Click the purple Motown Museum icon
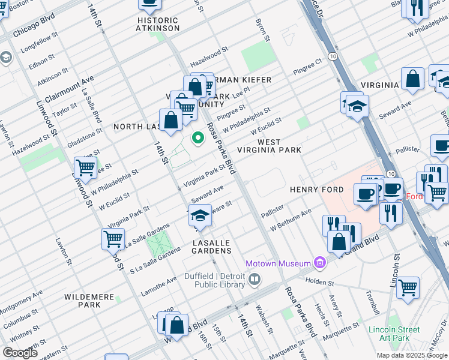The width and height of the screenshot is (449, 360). [321, 263]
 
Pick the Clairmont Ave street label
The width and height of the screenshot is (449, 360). [69, 83]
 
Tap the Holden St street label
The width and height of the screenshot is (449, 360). [319, 280]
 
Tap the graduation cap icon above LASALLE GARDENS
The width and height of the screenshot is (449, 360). [200, 215]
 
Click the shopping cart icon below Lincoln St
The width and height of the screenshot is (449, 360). [408, 287]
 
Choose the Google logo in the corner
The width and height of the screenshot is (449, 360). [20, 352]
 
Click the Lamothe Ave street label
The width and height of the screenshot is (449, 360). [159, 280]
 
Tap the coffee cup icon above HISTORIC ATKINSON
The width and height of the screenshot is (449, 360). [149, 3]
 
